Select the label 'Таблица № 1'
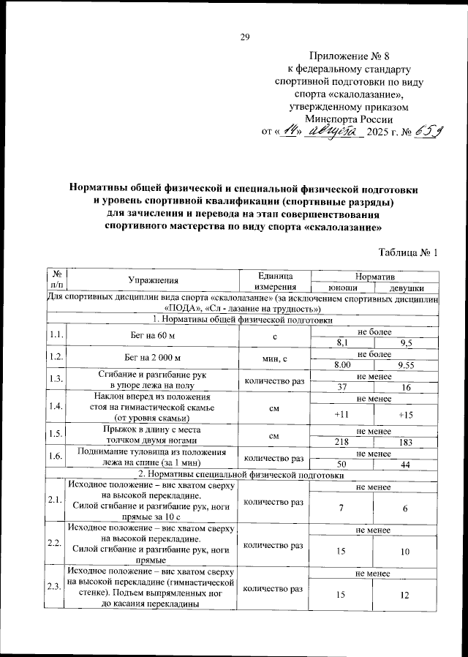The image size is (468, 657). click(x=408, y=253)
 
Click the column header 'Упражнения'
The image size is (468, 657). click(x=154, y=280)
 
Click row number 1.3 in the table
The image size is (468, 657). click(x=55, y=379)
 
